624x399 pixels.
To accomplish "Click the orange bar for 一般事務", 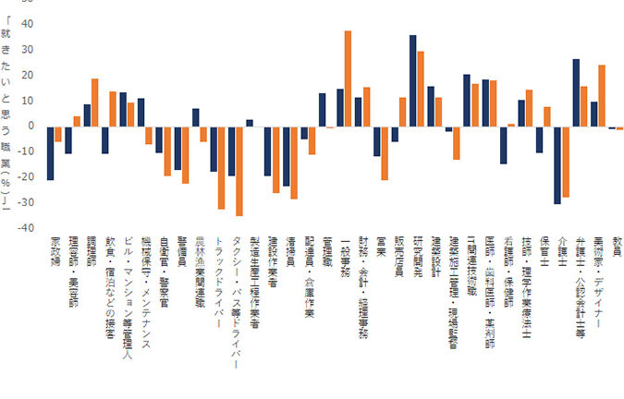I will (348, 79).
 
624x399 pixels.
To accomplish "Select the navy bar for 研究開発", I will (412, 80).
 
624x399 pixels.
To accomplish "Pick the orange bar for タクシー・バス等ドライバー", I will (239, 171).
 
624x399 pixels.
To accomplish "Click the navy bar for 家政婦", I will (50, 153).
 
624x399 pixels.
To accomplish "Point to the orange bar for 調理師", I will (94, 103).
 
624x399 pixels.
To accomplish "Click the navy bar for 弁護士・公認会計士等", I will (575, 92).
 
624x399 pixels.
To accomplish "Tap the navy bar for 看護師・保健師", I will (503, 145).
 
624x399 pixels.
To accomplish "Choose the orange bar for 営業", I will (384, 153).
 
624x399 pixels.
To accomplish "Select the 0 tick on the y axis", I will (30, 126).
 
